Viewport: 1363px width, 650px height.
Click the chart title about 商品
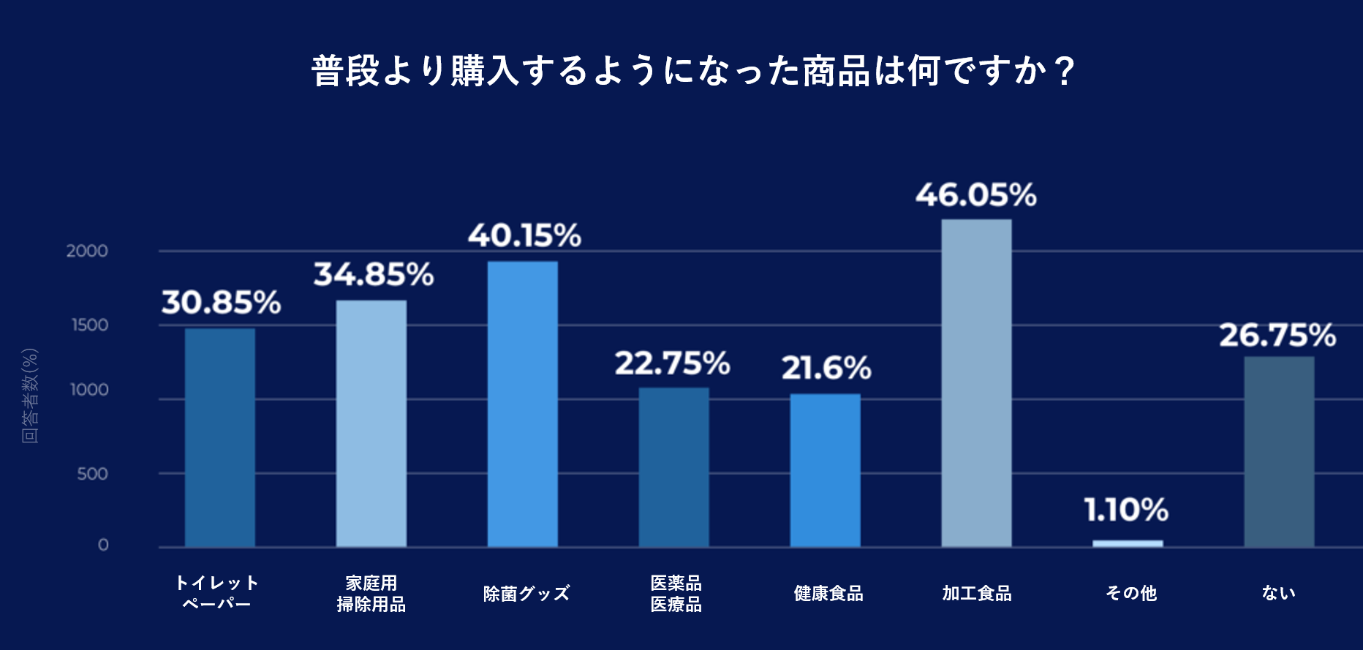(x=692, y=71)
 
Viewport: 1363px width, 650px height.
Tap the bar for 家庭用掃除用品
(x=371, y=423)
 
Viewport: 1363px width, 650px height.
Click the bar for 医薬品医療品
(x=673, y=467)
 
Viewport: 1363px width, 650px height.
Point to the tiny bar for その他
(x=1128, y=543)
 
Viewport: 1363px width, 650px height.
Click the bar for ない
(x=1279, y=451)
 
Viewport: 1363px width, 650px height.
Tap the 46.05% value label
(x=976, y=195)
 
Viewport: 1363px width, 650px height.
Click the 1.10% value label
(x=1126, y=510)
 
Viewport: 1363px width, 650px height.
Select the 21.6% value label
(x=826, y=368)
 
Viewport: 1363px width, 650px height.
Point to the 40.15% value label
(x=524, y=235)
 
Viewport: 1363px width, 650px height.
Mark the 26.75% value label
(x=1277, y=336)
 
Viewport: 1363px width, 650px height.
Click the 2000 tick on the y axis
(x=87, y=251)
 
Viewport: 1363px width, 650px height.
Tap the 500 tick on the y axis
(x=92, y=474)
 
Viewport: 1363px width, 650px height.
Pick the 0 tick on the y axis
(x=103, y=545)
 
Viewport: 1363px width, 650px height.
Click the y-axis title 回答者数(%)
(x=29, y=396)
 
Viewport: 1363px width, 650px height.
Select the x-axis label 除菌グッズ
(x=526, y=593)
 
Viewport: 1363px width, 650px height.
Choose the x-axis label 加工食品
(x=976, y=593)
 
